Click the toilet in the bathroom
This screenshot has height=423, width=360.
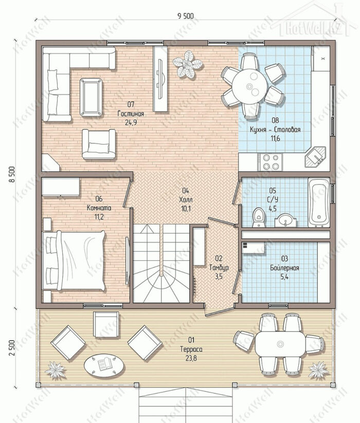coord(259,217)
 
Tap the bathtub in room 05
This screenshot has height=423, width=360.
coord(319,202)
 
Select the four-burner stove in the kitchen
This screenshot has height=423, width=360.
coord(270,162)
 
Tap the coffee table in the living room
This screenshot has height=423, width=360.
coord(91,97)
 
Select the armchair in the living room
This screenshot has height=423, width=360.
coord(99,144)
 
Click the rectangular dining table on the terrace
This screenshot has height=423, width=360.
coord(280,344)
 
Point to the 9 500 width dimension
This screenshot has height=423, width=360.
coord(186,16)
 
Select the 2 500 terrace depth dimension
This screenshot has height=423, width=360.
coord(12,348)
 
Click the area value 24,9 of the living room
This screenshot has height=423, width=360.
coord(131,122)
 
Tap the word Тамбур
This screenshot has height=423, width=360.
coord(219,268)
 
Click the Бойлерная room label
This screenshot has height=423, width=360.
coord(284,268)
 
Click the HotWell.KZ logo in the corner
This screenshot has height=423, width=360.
coord(313,23)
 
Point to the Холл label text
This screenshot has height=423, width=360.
coord(186,200)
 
